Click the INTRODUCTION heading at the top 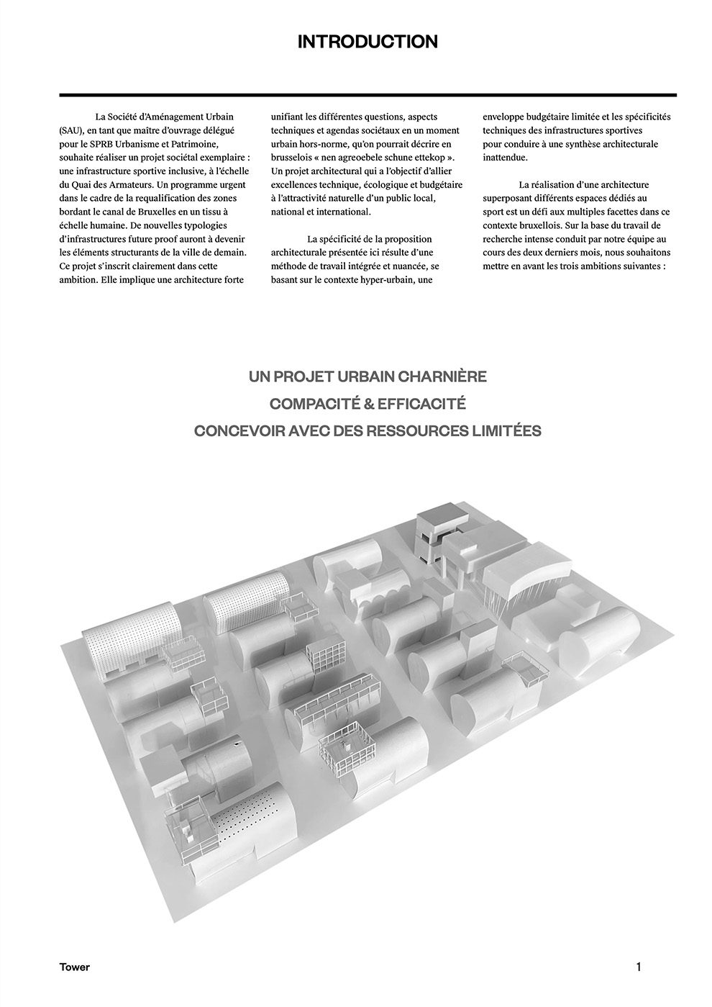coord(368,42)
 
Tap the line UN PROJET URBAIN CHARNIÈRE coord(368,376)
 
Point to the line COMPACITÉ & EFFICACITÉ coord(368,404)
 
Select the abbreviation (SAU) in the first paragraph coord(71,131)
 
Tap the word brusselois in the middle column coord(293,158)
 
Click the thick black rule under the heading coord(368,95)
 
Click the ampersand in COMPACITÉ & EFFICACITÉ coord(367,404)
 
